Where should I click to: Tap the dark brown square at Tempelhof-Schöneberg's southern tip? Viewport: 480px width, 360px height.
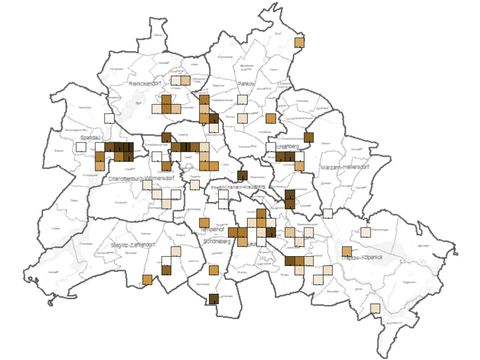pos(213,300)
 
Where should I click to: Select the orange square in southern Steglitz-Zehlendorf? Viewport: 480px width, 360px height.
pos(147,279)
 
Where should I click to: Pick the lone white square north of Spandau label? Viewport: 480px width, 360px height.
pos(109,119)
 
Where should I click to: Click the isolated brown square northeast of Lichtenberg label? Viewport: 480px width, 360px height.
pos(309,137)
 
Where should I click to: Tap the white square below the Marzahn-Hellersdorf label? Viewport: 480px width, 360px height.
pos(328,212)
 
